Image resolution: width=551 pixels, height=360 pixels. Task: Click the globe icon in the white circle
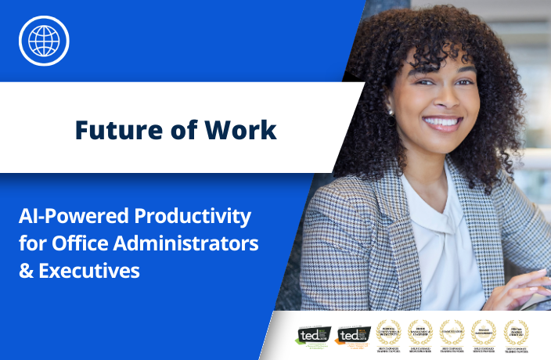pyautogui.click(x=44, y=39)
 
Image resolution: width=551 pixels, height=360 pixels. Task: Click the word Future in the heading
pyautogui.click(x=111, y=130)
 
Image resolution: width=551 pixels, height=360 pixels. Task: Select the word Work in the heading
pyautogui.click(x=244, y=130)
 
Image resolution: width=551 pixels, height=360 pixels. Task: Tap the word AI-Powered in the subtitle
pyautogui.click(x=67, y=216)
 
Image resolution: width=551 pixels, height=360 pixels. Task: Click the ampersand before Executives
pyautogui.click(x=26, y=271)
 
